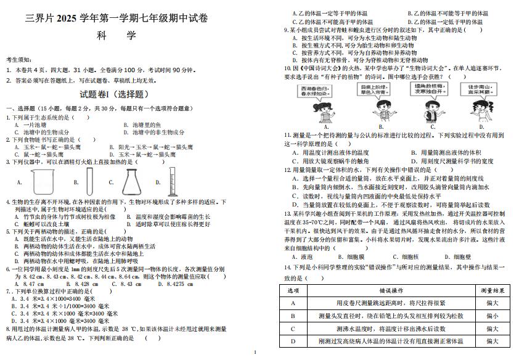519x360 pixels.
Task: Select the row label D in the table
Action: (x=293, y=341)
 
